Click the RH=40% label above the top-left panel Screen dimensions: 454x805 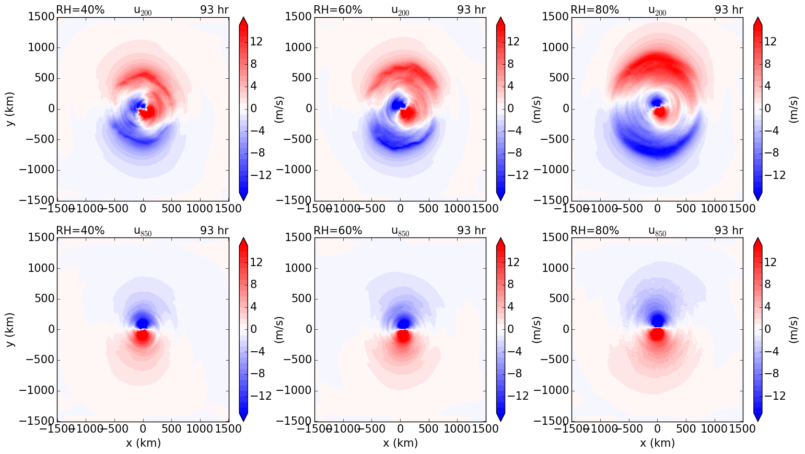80,10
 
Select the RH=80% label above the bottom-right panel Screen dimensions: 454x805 594,231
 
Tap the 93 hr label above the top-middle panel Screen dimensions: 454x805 471,10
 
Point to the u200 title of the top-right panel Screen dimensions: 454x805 657,10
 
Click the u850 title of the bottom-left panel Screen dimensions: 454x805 143,231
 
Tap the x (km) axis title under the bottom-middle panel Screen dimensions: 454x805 400,443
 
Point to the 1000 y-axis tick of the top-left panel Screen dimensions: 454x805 40,47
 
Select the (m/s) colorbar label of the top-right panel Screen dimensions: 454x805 793,109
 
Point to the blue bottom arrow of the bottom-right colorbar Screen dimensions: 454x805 757,416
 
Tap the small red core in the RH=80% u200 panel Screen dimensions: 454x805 660,112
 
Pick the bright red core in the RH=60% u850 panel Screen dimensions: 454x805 403,336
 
